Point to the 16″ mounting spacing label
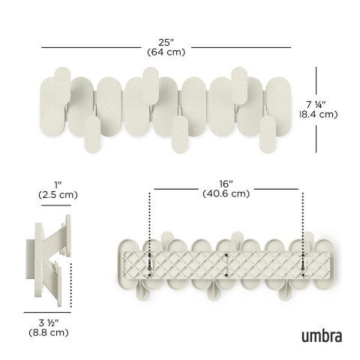pyautogui.click(x=226, y=182)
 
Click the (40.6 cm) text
pyautogui.click(x=226, y=193)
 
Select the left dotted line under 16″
pyautogui.click(x=150, y=225)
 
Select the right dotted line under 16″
pyautogui.click(x=304, y=225)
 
